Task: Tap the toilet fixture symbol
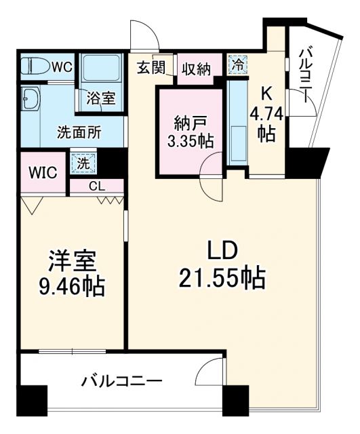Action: coord(35,67)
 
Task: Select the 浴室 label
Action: coord(100,98)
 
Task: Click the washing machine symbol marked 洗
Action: coord(81,163)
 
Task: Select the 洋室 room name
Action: coord(71,260)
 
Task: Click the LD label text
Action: coord(222,252)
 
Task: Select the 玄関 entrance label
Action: coord(150,68)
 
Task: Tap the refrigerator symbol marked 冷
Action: coord(238,65)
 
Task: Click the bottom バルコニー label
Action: coord(122,381)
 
